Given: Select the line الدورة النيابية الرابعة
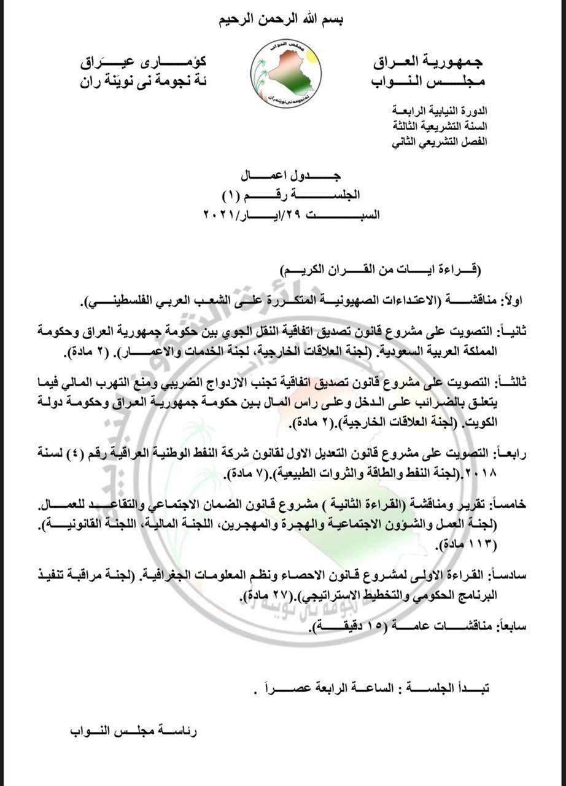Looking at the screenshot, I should (440, 111).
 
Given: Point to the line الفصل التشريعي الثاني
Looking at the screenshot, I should (440, 141).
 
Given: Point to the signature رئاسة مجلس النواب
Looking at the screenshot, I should (133, 731).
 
